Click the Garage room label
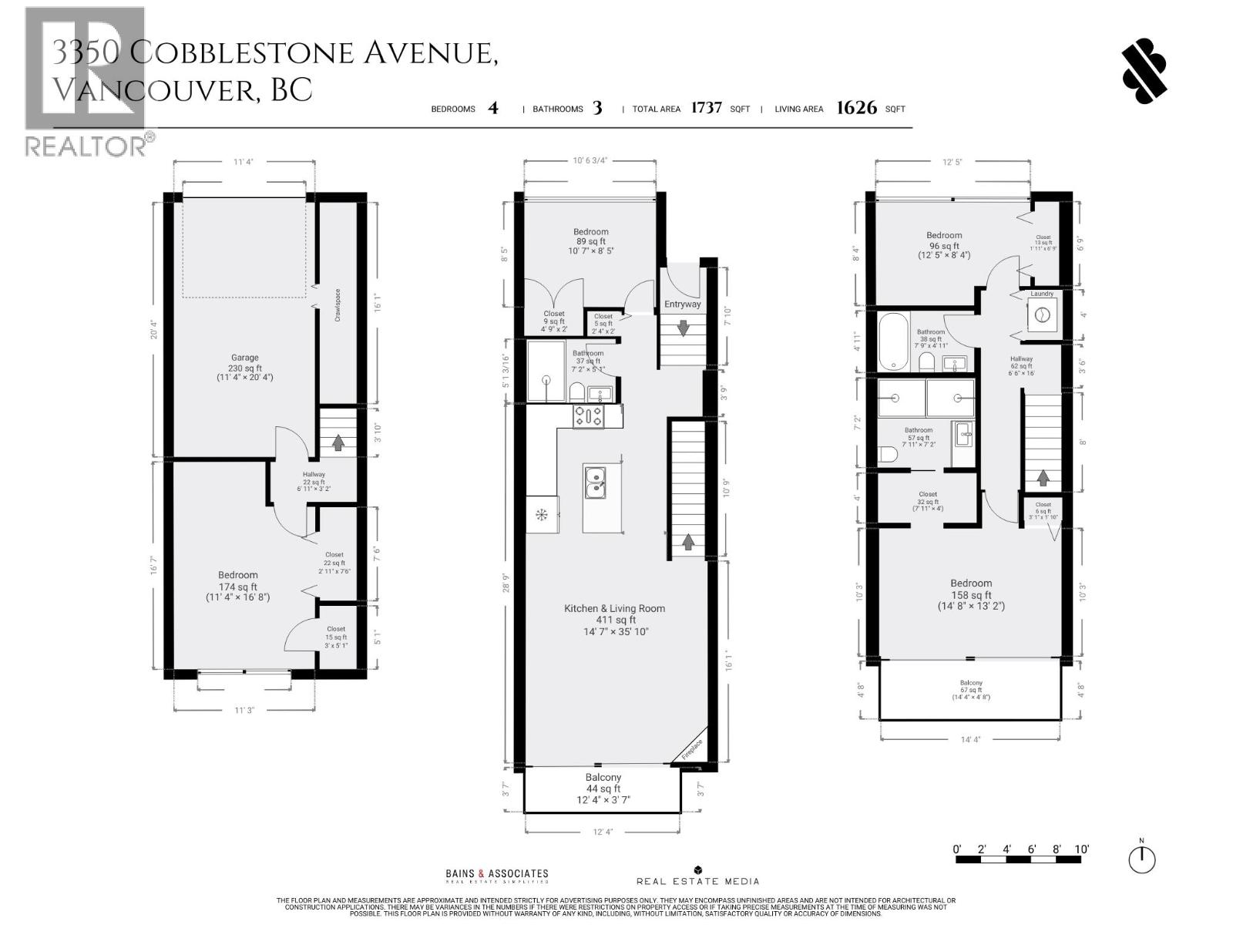click(245, 367)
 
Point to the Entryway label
click(683, 304)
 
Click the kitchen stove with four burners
click(589, 416)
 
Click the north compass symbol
click(1142, 858)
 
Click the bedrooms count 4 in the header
click(493, 108)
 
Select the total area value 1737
click(706, 108)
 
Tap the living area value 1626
click(856, 108)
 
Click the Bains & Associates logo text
click(497, 875)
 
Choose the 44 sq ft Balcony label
click(603, 788)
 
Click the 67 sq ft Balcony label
click(971, 689)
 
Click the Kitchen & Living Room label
click(615, 619)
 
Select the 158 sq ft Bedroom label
click(971, 594)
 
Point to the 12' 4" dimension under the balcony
click(603, 832)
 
